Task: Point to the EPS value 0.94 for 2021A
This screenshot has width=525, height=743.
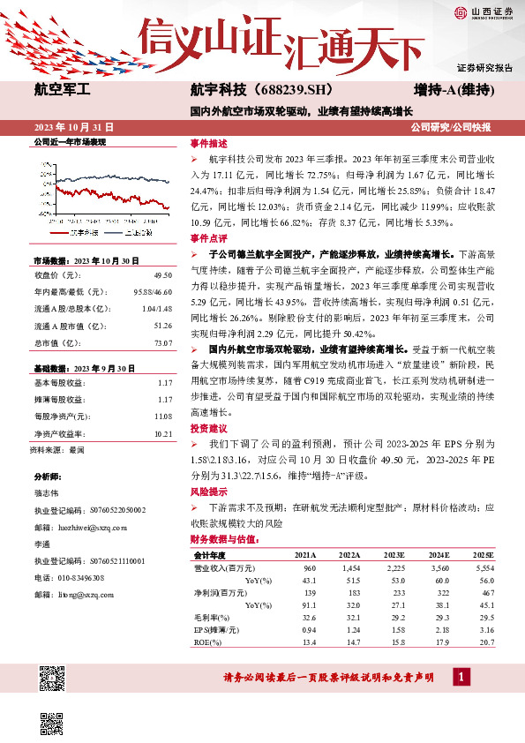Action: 309,629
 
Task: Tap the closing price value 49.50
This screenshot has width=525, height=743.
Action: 162,274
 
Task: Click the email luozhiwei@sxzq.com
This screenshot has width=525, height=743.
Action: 92,526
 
